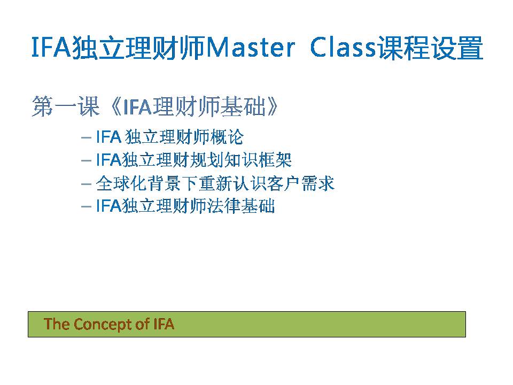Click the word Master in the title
click(251, 48)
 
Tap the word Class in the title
click(343, 48)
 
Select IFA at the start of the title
click(51, 48)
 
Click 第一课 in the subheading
click(65, 106)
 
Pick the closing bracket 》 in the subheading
click(273, 106)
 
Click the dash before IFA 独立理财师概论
click(86, 137)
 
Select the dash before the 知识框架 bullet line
click(86, 161)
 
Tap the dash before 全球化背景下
click(86, 184)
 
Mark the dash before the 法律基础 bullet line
click(86, 207)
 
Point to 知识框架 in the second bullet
click(258, 160)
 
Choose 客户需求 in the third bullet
click(301, 183)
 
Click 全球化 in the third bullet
click(121, 183)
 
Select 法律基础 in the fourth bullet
click(241, 206)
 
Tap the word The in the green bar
click(57, 324)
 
